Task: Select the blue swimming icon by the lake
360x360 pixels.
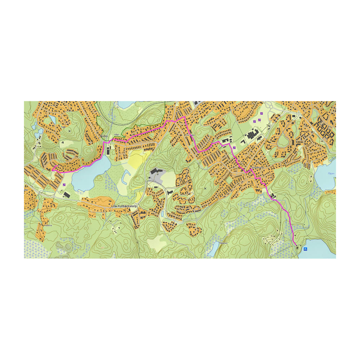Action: click(x=305, y=249)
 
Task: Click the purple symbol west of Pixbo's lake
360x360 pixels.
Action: click(x=64, y=185)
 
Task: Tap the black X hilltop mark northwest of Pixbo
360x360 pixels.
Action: click(x=69, y=131)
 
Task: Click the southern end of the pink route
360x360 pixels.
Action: click(x=297, y=246)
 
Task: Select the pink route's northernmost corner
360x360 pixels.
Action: click(x=185, y=117)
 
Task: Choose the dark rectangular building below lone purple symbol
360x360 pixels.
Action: click(x=66, y=195)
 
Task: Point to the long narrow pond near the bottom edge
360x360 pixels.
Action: click(x=214, y=249)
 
